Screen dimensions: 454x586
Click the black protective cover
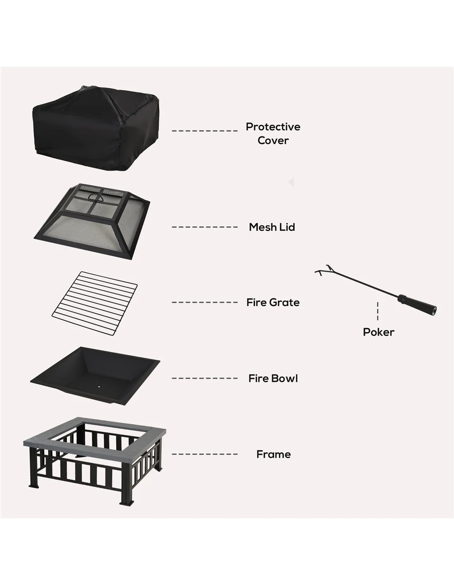point(96,128)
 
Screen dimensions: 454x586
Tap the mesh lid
point(92,221)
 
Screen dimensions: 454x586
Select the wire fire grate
point(95,303)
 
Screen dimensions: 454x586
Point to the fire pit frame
point(95,461)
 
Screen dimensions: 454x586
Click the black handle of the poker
point(417,303)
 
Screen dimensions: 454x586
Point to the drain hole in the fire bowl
point(98,387)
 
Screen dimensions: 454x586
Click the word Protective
point(273,127)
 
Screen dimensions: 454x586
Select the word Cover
point(273,141)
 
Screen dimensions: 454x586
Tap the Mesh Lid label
point(272,227)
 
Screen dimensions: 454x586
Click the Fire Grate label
point(273,302)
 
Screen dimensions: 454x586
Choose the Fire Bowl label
point(273,378)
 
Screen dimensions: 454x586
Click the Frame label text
point(274,455)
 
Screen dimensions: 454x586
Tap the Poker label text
point(378,332)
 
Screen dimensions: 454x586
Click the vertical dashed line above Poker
point(378,311)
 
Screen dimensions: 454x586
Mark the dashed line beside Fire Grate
point(205,302)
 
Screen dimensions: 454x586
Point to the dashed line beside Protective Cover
point(205,131)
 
